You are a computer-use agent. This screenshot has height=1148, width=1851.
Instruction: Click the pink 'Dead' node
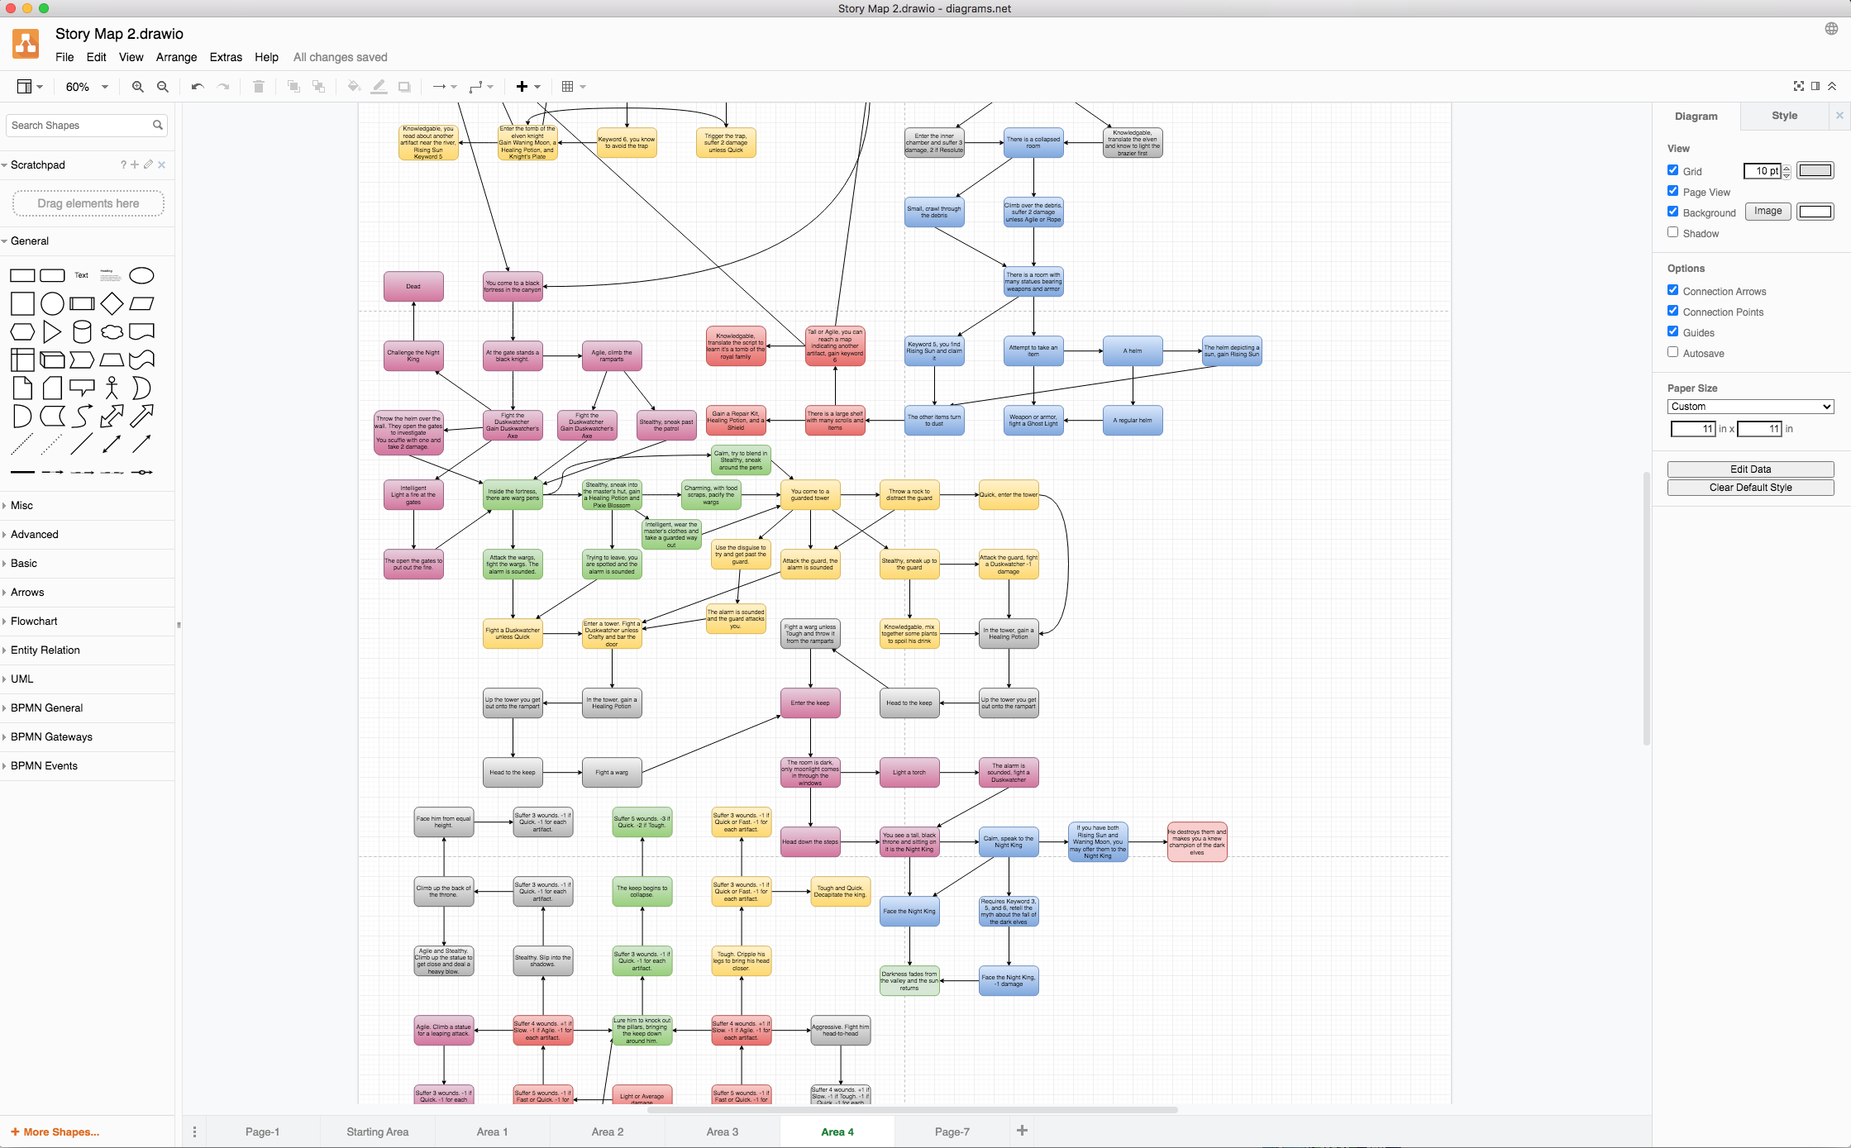click(x=413, y=287)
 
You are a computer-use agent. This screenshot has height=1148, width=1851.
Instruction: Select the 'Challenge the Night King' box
click(x=413, y=355)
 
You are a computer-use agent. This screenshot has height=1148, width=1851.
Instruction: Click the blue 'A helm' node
click(x=1133, y=351)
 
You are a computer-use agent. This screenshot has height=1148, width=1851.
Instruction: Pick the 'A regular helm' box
click(x=1133, y=421)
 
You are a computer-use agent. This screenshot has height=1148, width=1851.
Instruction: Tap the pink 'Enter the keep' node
click(x=810, y=703)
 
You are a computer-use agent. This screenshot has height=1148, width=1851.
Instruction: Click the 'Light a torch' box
click(x=909, y=773)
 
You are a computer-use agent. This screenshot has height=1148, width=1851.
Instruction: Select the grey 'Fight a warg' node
click(x=612, y=773)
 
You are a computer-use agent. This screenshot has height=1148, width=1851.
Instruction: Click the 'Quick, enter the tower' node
click(x=1009, y=495)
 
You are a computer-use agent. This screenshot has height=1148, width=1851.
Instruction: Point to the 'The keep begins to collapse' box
click(x=642, y=891)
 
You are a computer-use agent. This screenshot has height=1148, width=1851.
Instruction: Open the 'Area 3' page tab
click(x=723, y=1131)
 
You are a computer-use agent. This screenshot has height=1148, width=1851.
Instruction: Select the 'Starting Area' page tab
click(x=378, y=1131)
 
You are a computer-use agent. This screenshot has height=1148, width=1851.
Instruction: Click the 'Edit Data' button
click(x=1750, y=469)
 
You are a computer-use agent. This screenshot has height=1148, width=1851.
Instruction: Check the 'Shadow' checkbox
click(x=1673, y=232)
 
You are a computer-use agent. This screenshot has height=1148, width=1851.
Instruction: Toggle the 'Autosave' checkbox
click(x=1673, y=352)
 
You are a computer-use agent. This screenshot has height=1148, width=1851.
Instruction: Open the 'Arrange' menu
click(x=176, y=57)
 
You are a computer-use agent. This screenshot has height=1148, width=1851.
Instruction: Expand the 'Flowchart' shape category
click(x=34, y=622)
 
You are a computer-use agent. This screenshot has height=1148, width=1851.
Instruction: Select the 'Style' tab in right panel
click(x=1784, y=116)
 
